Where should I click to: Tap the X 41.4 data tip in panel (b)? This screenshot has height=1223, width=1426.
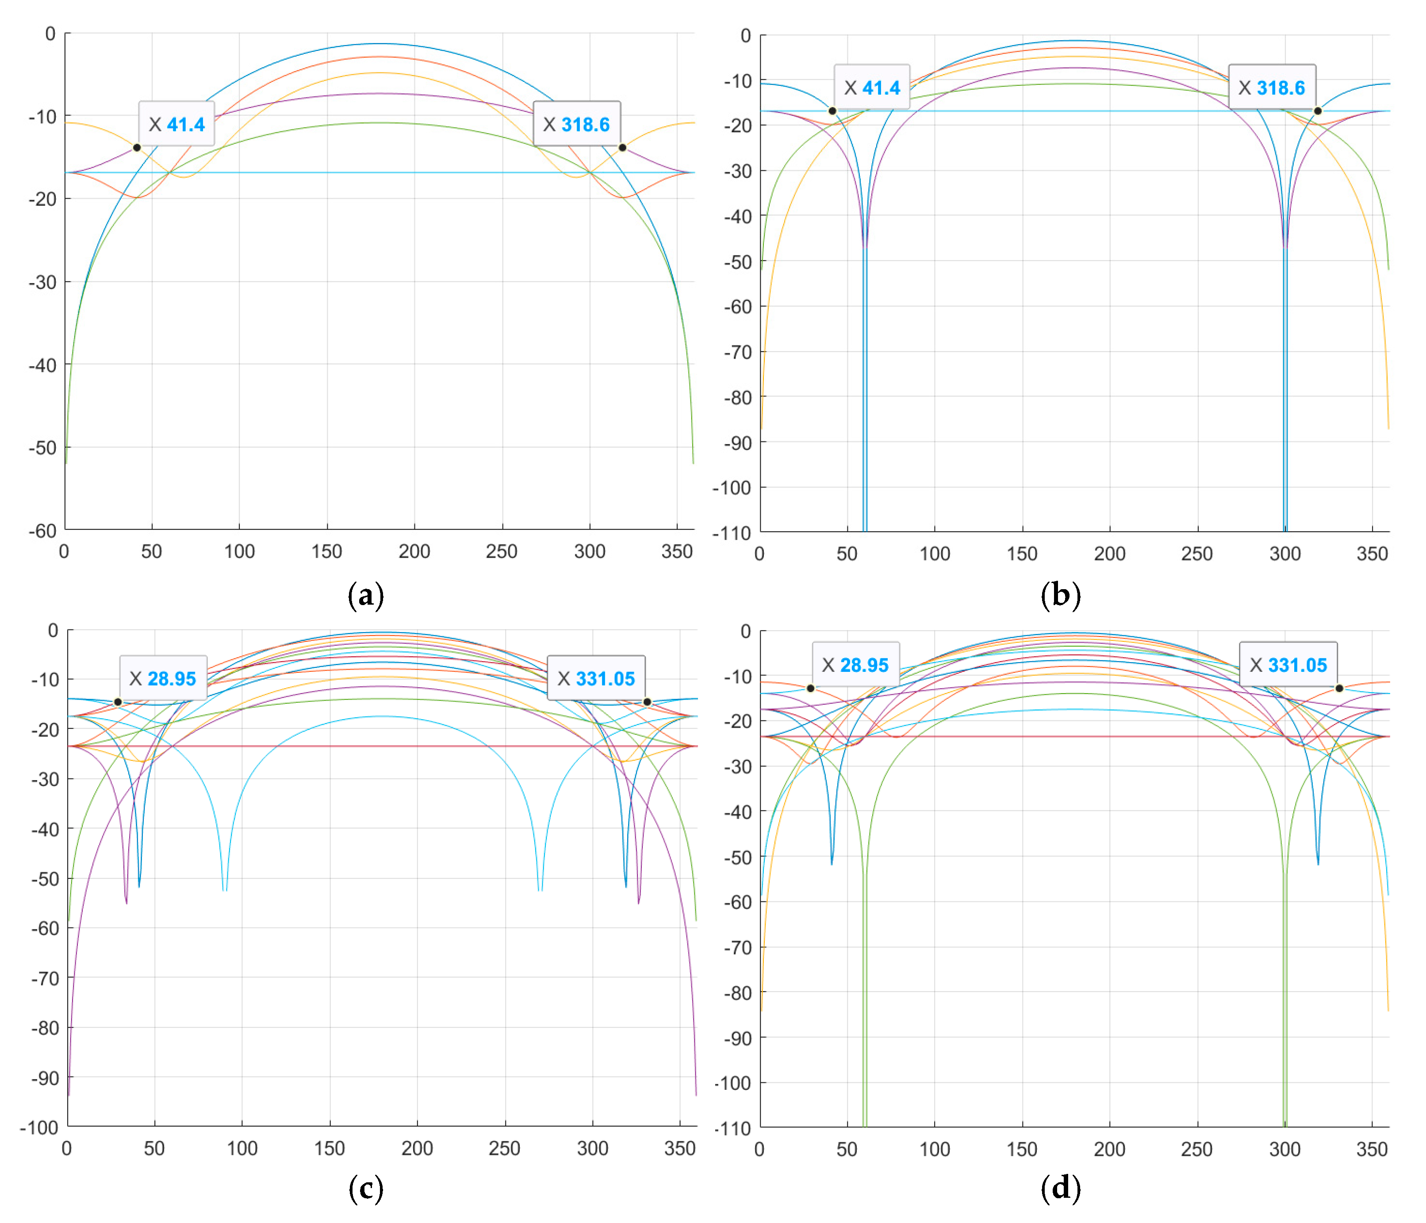[871, 88]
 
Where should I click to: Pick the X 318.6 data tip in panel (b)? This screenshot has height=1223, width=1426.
[1271, 88]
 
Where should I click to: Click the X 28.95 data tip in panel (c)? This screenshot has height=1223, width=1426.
[163, 678]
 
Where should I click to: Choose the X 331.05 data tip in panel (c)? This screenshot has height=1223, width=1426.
[595, 678]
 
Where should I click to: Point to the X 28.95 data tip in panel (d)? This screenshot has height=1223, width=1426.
[855, 664]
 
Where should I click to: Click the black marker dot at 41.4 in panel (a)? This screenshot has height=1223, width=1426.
[137, 147]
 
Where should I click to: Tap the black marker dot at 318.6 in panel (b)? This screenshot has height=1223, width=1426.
[1317, 111]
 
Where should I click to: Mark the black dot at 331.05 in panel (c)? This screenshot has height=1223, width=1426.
[647, 702]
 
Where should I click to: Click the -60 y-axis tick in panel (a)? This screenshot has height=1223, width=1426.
[42, 531]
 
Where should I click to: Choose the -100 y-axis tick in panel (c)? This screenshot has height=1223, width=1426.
[39, 1127]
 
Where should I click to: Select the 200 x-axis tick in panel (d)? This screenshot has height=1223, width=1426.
[1109, 1149]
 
